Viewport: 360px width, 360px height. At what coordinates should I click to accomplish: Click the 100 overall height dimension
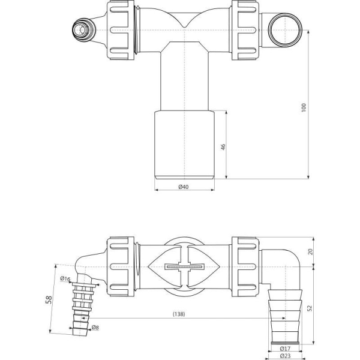[x=304, y=107]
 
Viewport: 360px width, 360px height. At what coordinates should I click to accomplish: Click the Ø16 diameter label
[x=65, y=278]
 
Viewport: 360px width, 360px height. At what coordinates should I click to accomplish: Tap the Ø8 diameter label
[x=95, y=328]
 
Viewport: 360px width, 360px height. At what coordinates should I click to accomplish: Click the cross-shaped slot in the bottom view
[x=185, y=265]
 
